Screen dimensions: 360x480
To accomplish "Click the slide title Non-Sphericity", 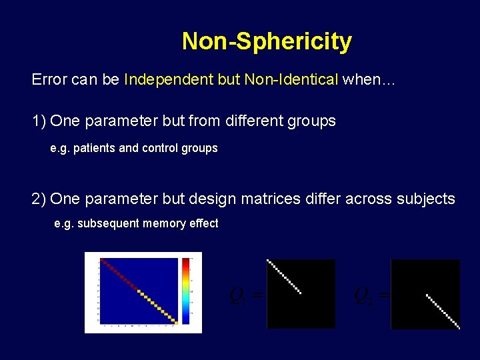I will pos(267,41).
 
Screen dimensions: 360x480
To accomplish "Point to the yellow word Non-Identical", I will pos(292,80).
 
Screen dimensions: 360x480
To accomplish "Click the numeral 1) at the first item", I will pos(39,121).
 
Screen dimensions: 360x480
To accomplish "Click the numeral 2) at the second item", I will pos(39,199).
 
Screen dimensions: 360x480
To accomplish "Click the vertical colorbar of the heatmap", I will pos(185,291).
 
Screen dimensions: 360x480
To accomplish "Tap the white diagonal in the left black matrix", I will pos(285,277).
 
